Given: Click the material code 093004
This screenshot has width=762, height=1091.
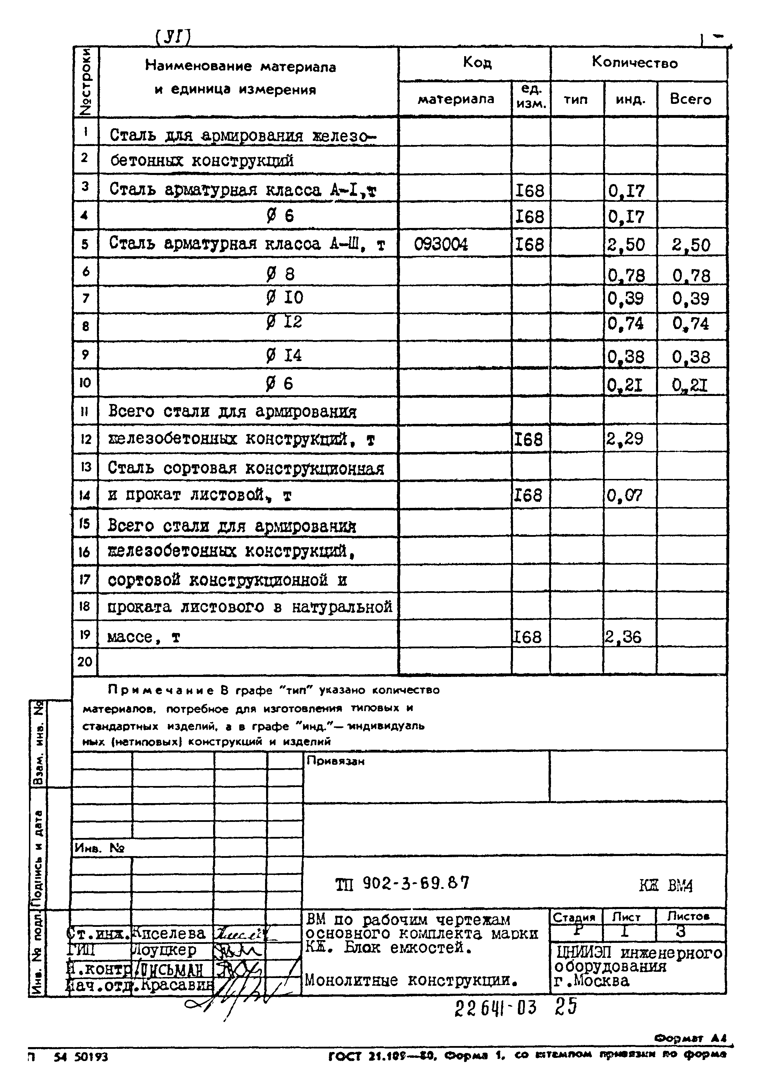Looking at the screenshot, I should point(441,244).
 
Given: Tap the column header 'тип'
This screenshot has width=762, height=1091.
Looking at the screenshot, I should point(576,100).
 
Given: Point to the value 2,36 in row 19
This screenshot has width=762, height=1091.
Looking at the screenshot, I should point(623,637).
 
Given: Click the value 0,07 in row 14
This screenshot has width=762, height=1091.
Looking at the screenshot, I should point(624,496).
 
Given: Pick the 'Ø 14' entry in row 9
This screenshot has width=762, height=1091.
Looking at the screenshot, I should point(284,355).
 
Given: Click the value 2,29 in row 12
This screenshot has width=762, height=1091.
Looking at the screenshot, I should point(624,438).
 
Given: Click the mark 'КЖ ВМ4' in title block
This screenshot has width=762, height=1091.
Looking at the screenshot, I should point(665,886).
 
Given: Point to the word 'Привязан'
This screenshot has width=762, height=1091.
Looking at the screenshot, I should point(335,761).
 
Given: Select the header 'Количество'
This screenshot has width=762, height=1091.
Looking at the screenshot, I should point(635,63).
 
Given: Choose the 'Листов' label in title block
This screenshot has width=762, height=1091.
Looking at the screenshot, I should point(688,916).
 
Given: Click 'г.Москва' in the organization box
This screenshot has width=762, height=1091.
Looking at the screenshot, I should point(592,980).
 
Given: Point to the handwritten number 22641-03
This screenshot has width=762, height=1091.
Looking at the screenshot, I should point(495,1007).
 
